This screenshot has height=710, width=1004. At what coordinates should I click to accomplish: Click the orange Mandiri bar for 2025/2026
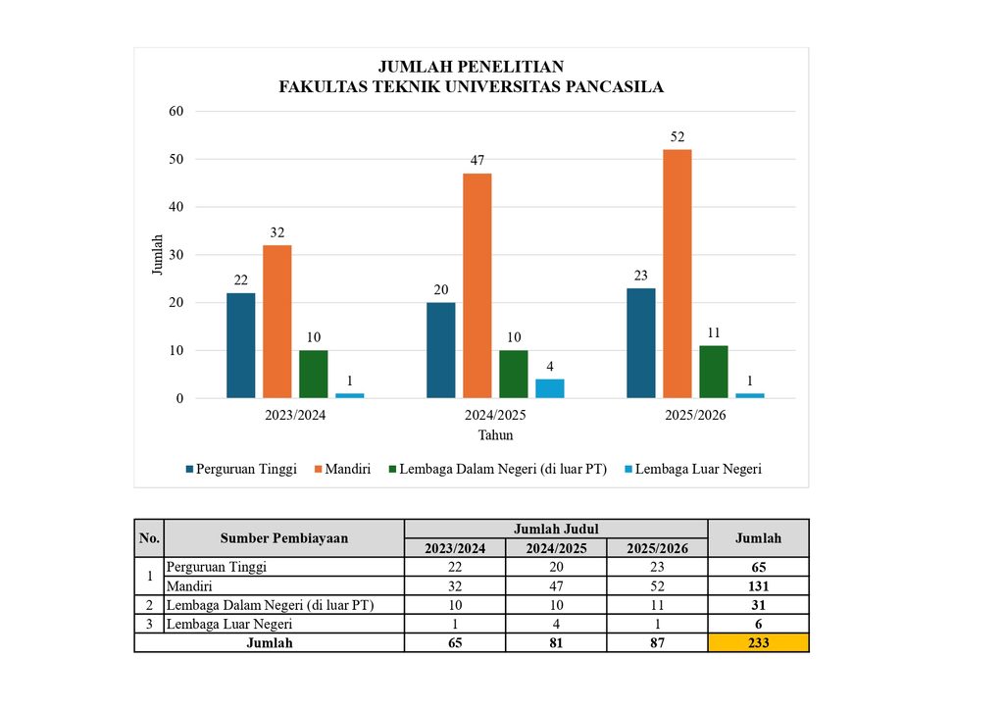tap(677, 274)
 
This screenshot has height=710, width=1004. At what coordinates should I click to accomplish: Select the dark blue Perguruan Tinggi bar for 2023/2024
tap(241, 345)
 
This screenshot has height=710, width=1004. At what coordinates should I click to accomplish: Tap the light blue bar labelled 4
tap(550, 388)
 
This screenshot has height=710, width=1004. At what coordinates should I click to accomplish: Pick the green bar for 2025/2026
tap(714, 372)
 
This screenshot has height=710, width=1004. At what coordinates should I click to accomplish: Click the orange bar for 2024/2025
tap(477, 285)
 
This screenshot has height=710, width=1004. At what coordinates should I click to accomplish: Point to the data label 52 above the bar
tap(678, 136)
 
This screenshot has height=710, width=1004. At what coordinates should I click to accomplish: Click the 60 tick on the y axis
tap(176, 111)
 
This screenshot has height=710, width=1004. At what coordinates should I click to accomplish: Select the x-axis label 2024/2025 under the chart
tap(495, 415)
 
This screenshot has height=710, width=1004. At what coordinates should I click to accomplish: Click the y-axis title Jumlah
tap(157, 255)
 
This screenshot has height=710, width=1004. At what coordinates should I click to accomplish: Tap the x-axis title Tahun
tap(495, 434)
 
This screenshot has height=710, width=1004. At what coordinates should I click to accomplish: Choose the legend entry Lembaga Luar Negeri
tap(693, 469)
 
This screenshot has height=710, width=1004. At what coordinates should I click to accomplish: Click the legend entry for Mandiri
tap(342, 469)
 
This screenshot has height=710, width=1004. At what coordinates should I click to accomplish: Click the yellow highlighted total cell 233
tap(758, 642)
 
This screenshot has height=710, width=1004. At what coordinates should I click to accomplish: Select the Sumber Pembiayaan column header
tap(284, 537)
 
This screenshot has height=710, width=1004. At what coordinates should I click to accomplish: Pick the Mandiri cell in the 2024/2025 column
tap(556, 585)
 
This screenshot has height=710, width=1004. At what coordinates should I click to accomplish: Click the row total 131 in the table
tap(758, 585)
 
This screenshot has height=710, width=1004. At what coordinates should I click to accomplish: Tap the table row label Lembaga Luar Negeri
tap(229, 624)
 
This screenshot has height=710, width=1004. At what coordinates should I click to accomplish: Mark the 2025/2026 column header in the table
tap(657, 548)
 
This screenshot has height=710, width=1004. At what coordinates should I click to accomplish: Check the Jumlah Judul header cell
tap(556, 529)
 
